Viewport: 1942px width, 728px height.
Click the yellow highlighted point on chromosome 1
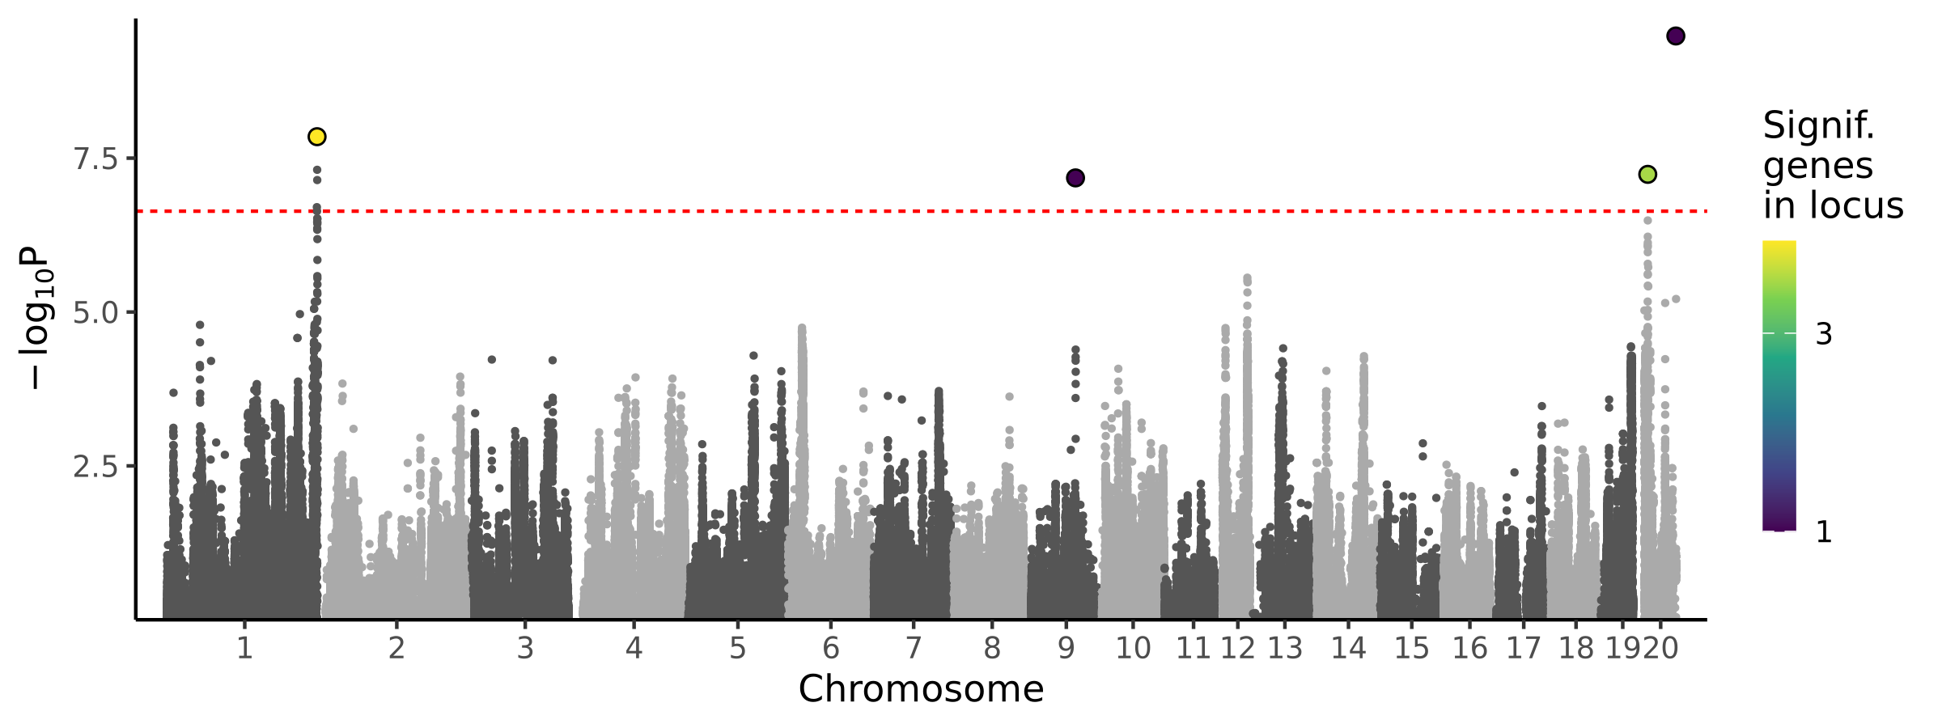point(316,137)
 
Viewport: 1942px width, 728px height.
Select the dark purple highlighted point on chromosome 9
point(1075,178)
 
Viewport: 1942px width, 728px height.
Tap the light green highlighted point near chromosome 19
point(1647,175)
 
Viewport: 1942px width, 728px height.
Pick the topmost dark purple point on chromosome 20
point(1675,36)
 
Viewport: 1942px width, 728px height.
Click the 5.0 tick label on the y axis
point(95,313)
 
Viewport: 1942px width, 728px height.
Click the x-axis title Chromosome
point(921,690)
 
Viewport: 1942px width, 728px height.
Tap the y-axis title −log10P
point(37,317)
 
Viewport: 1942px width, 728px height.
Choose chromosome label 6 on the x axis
point(830,648)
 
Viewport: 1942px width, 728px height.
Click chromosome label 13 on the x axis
point(1285,648)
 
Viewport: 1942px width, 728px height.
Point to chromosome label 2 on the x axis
point(396,648)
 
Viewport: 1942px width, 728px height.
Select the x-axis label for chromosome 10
point(1133,648)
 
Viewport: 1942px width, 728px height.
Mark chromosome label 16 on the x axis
point(1469,648)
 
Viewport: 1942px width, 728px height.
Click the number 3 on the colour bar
point(1824,334)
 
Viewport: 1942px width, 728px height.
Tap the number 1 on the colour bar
point(1824,532)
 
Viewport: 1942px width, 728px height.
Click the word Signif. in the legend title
point(1819,126)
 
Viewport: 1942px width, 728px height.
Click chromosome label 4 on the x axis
point(634,648)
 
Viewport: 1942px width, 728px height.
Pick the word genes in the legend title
point(1817,167)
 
